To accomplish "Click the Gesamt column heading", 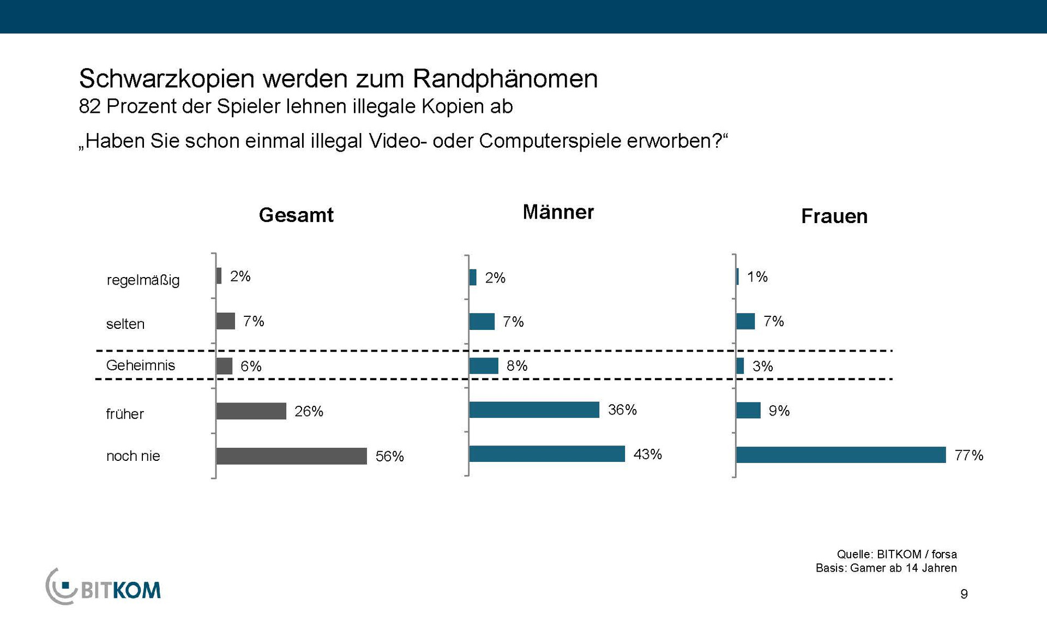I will (x=296, y=215).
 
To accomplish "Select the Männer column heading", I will (x=558, y=212).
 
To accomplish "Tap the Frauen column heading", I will (x=834, y=217).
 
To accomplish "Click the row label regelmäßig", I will (x=143, y=280).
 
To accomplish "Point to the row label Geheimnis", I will (x=140, y=365).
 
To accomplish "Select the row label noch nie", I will (x=133, y=456).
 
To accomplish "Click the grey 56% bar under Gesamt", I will (x=291, y=456).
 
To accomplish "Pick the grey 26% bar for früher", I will (x=251, y=411).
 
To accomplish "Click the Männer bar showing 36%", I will (x=534, y=410).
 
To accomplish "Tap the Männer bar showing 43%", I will (x=547, y=454).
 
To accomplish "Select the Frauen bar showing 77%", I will (x=840, y=455).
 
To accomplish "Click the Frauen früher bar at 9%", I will (x=748, y=410).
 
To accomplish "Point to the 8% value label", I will (x=516, y=366).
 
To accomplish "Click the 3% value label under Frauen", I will (x=762, y=366).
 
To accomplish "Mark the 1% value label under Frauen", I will (x=757, y=277).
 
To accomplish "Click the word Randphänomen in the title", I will (x=505, y=79).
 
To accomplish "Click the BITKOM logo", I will (x=104, y=587).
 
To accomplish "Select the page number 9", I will (x=964, y=594).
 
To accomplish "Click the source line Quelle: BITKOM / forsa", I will (x=896, y=554).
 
